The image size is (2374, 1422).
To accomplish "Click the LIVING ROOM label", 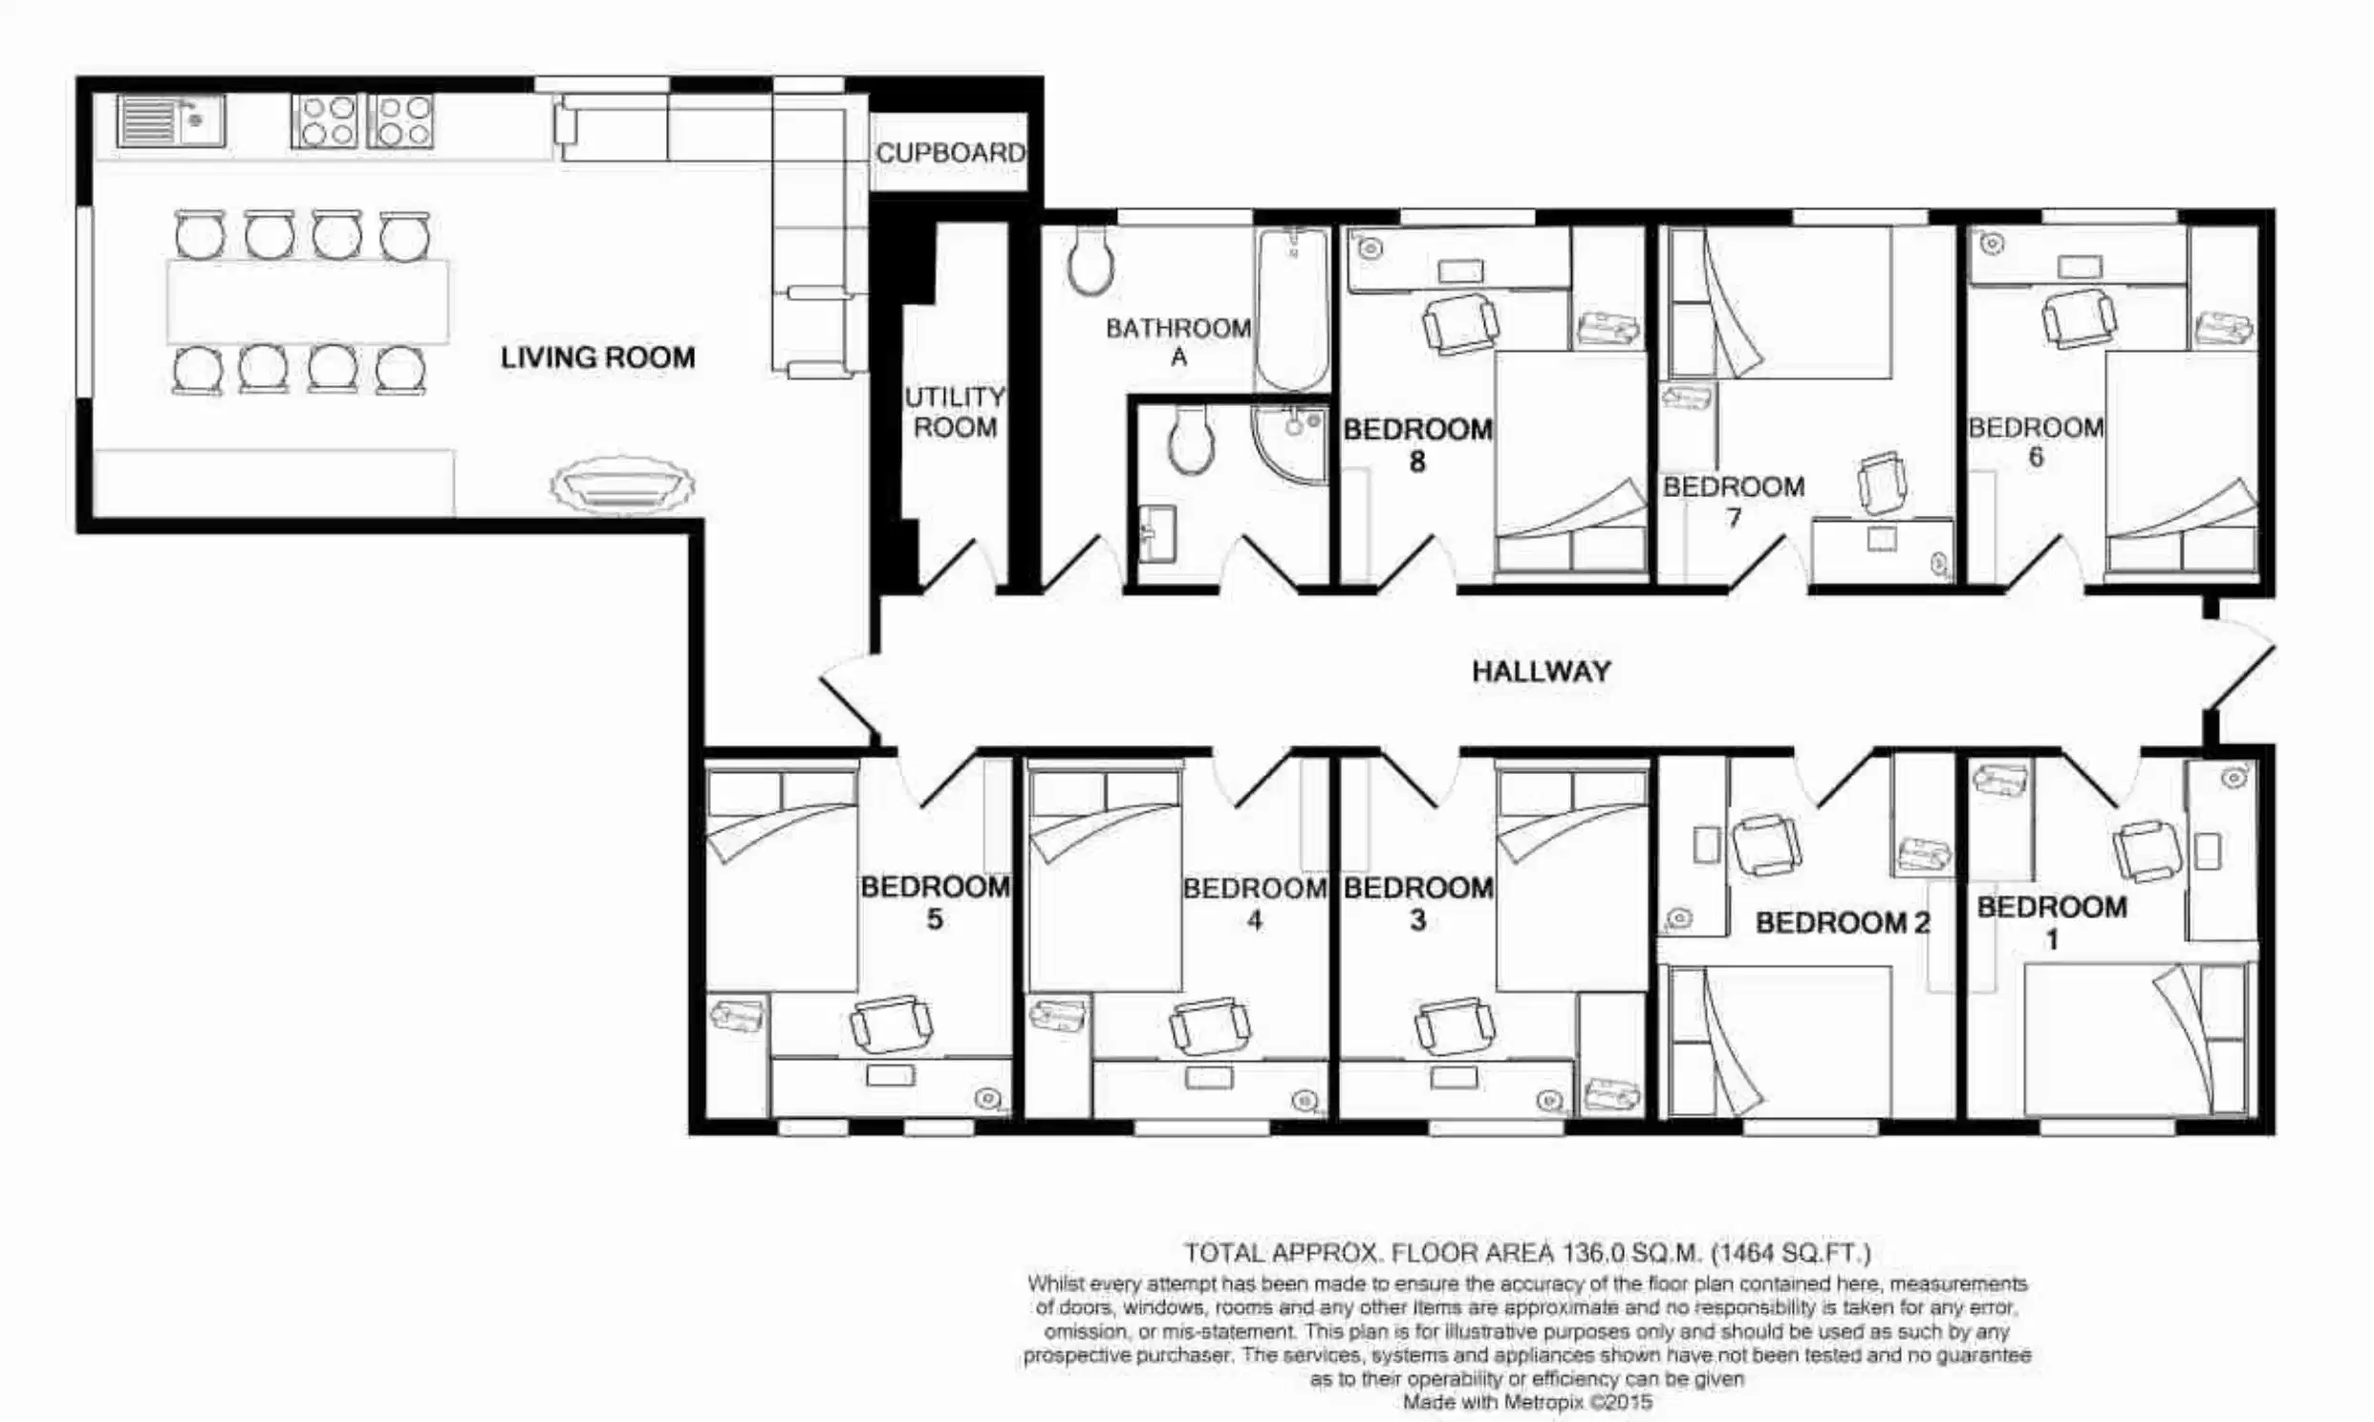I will point(598,357).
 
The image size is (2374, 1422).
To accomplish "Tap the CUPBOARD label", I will point(949,152).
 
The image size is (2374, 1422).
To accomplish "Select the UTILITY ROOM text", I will point(954,412).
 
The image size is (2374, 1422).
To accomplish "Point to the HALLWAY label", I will point(1541,671).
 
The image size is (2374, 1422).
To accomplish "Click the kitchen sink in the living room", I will point(170,120).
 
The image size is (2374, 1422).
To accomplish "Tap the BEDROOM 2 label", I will point(1843,923).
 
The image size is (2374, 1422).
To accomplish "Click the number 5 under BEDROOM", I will point(934,919).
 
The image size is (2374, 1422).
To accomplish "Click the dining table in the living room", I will point(308,301).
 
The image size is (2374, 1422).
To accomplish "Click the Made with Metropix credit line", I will point(1527,1402).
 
